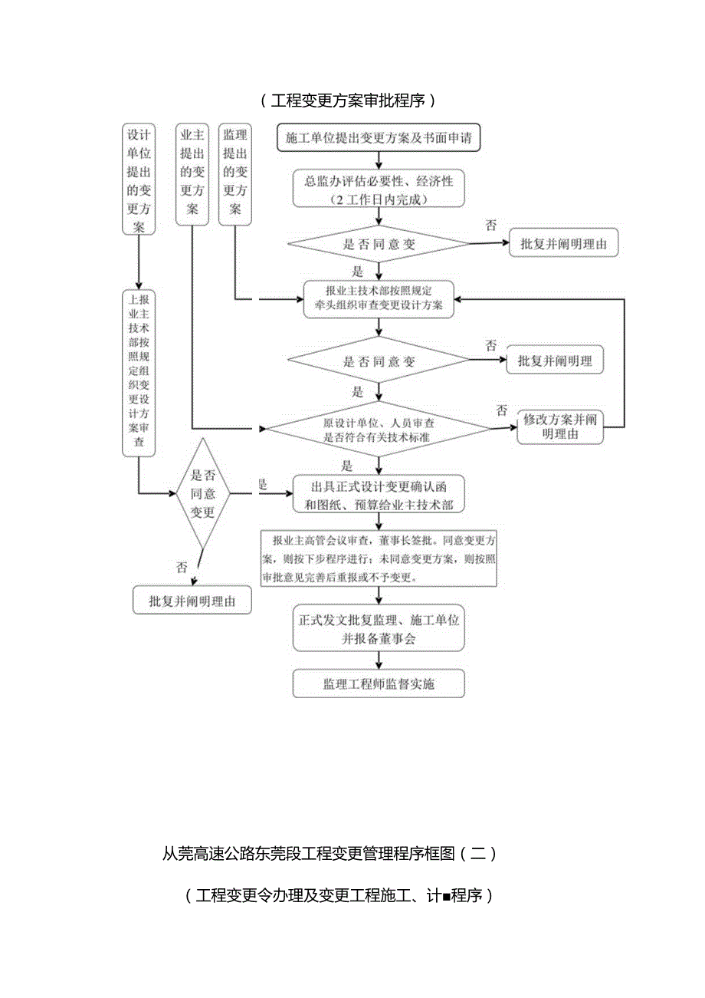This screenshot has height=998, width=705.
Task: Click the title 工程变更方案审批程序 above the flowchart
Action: click(x=348, y=100)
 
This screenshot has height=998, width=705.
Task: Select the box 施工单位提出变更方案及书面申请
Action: click(x=378, y=139)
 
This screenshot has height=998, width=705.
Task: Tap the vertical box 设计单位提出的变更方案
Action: click(x=139, y=178)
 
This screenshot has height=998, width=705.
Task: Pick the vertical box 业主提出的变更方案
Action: click(x=192, y=173)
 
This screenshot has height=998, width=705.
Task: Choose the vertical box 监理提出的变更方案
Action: click(x=234, y=173)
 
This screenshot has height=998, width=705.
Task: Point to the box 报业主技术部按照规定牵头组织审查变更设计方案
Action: click(x=378, y=298)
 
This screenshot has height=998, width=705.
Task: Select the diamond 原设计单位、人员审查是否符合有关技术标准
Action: click(x=378, y=430)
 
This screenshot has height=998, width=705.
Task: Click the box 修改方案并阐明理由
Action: click(x=560, y=427)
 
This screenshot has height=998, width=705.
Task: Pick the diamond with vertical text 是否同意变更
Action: click(x=202, y=494)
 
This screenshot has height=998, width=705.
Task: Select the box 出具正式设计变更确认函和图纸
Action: click(x=378, y=495)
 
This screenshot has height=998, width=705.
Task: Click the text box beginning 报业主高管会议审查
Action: click(x=379, y=558)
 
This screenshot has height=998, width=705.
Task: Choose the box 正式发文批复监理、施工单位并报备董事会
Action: click(x=379, y=628)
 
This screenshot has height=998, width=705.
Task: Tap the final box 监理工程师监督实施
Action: click(x=379, y=683)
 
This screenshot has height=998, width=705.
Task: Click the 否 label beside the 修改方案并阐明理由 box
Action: click(x=502, y=411)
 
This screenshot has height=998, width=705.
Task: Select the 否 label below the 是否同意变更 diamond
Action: click(x=181, y=568)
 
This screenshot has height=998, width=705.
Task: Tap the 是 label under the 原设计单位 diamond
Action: click(x=346, y=465)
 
